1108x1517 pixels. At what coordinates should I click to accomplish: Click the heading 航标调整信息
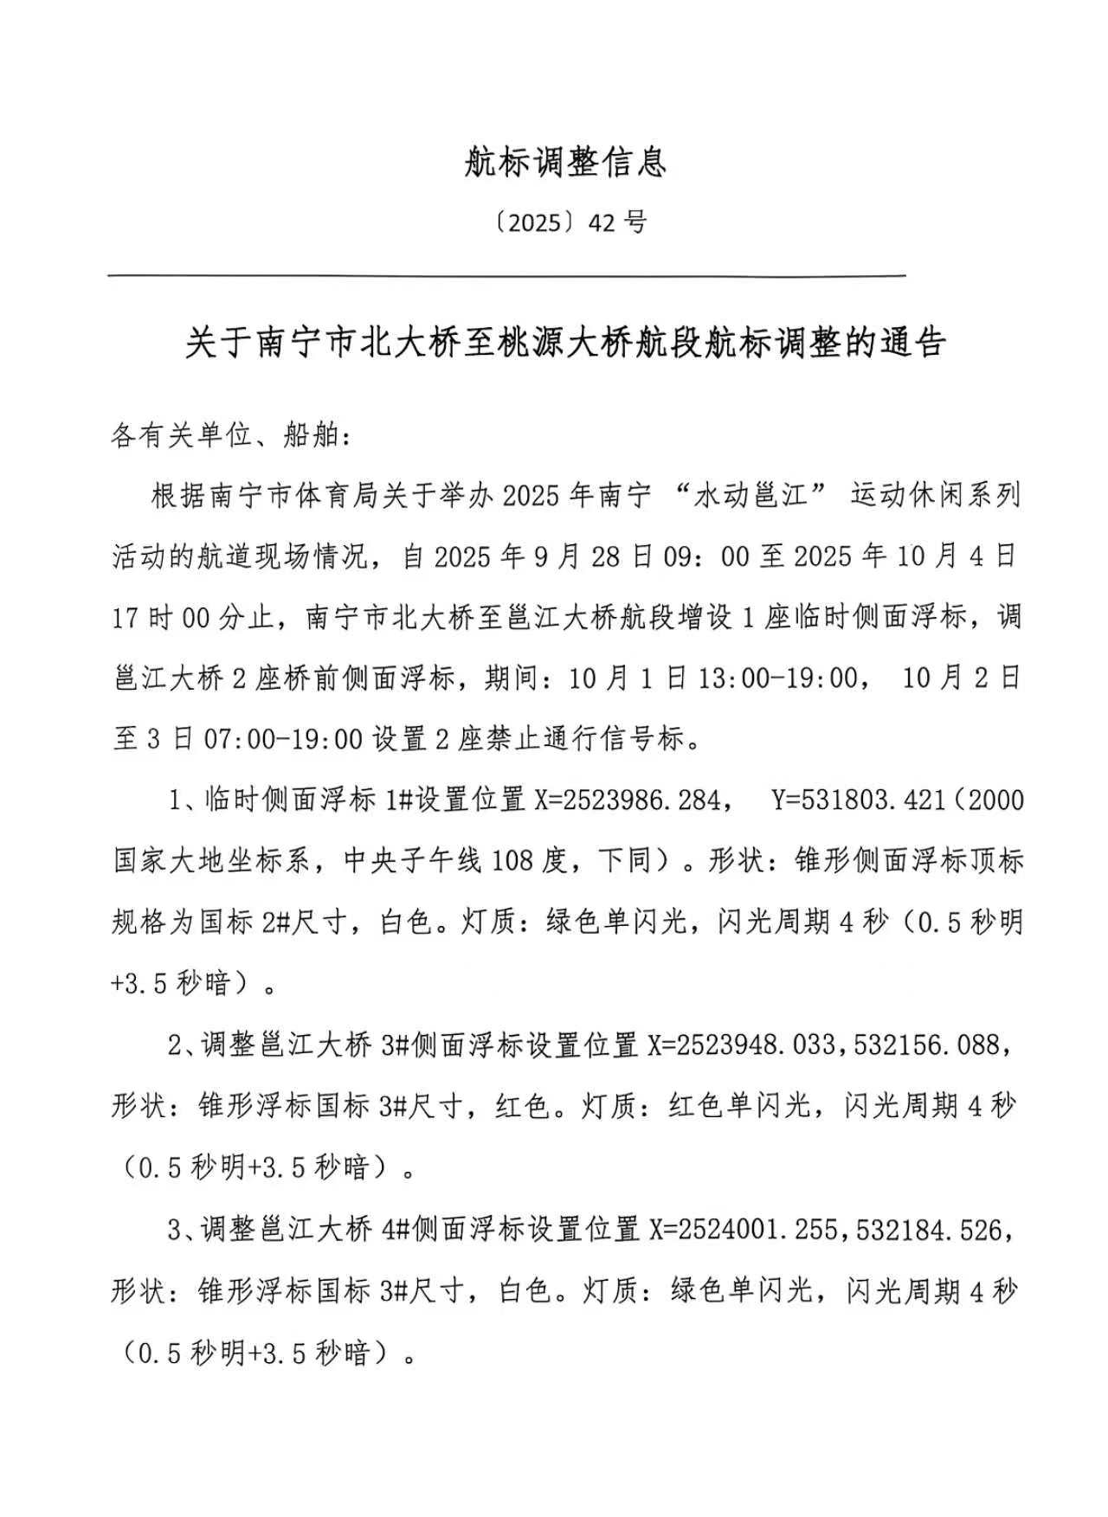click(564, 162)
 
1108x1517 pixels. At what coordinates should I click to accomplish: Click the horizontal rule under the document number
click(506, 276)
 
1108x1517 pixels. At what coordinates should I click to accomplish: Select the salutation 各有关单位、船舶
click(229, 436)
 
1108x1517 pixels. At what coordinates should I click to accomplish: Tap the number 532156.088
click(926, 1046)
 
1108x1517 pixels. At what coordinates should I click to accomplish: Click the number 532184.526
click(927, 1230)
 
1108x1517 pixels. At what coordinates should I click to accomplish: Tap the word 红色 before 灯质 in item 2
click(523, 1107)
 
